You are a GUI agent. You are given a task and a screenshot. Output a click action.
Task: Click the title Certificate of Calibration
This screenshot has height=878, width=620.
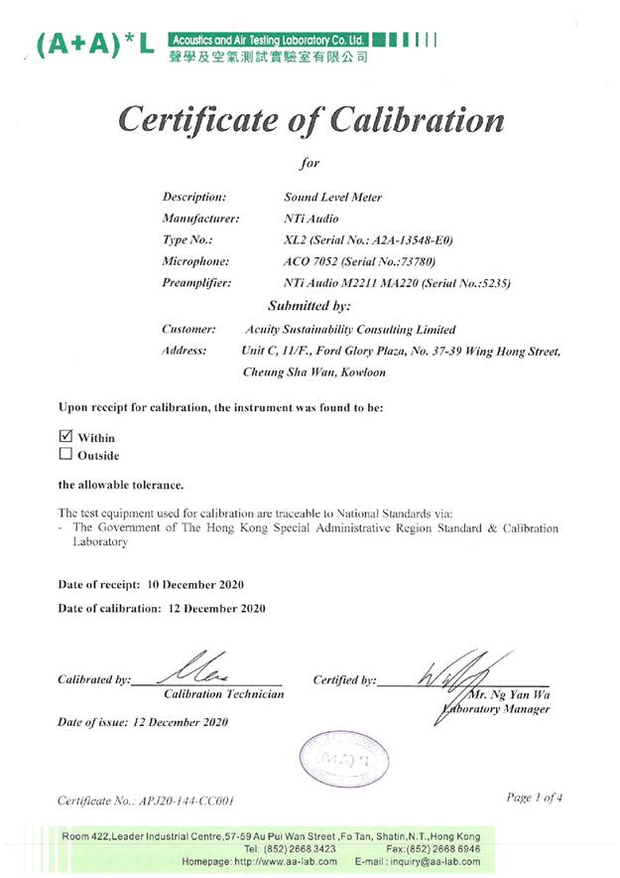pos(310,119)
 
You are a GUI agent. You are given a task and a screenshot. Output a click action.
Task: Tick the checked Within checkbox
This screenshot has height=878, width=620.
pos(66,436)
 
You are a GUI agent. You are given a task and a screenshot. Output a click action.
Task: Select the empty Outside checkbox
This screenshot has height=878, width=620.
pos(66,455)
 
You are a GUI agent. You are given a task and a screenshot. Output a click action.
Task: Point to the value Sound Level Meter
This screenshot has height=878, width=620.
pos(332,197)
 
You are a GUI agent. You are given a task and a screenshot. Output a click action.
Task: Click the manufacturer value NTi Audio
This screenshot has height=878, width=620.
pos(310,218)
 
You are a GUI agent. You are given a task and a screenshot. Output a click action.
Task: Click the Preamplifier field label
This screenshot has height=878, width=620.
pos(196,283)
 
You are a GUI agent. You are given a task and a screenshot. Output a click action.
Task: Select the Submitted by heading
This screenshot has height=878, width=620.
pos(309,306)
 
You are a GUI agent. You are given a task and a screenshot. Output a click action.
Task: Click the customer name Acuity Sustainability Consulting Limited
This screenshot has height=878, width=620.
pos(349,329)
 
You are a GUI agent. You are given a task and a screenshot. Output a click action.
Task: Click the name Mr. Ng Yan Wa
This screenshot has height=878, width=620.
pos(521,694)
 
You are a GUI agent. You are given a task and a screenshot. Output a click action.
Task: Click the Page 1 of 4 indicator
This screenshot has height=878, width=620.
pos(535,798)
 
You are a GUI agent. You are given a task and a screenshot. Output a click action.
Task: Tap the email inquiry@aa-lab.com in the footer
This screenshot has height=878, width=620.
pos(432,862)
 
